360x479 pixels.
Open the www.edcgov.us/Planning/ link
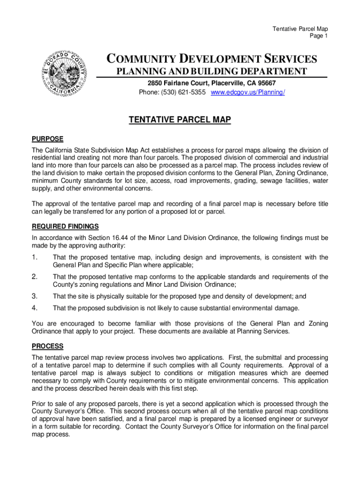[x=248, y=92]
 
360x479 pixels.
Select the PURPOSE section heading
[x=47, y=139]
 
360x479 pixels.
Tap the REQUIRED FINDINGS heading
[x=65, y=226]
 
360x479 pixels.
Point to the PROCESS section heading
[x=47, y=347]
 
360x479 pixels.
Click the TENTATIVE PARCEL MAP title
[x=180, y=121]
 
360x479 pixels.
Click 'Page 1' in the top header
[x=318, y=36]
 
